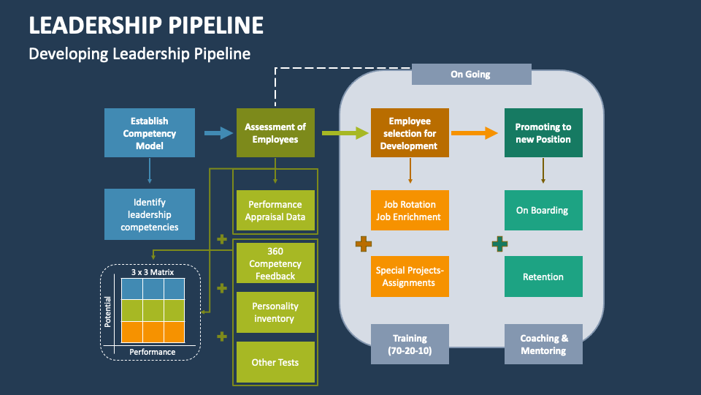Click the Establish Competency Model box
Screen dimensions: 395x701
pos(150,132)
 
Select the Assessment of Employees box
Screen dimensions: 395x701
pos(275,132)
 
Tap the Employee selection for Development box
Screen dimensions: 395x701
pos(410,132)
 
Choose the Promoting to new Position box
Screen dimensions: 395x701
pos(543,132)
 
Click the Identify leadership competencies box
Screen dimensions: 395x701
pos(150,214)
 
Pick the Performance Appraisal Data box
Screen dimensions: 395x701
pos(275,211)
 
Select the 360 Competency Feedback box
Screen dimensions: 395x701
pos(275,263)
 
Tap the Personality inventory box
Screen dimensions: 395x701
pos(275,312)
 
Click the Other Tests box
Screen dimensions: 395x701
pos(275,362)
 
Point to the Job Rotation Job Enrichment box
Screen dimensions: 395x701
pos(410,211)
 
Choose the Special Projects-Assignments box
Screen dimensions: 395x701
pos(410,276)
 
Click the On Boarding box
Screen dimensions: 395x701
pos(543,211)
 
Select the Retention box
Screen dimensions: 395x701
pos(543,276)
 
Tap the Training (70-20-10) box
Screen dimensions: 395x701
pos(410,344)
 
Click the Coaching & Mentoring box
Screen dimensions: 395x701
pos(543,344)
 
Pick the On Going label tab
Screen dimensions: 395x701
pos(471,74)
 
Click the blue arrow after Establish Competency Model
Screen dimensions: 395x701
pos(218,133)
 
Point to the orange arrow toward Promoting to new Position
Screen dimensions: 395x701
pos(475,133)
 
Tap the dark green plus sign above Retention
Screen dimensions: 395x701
pos(499,244)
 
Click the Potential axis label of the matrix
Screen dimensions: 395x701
pos(108,310)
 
